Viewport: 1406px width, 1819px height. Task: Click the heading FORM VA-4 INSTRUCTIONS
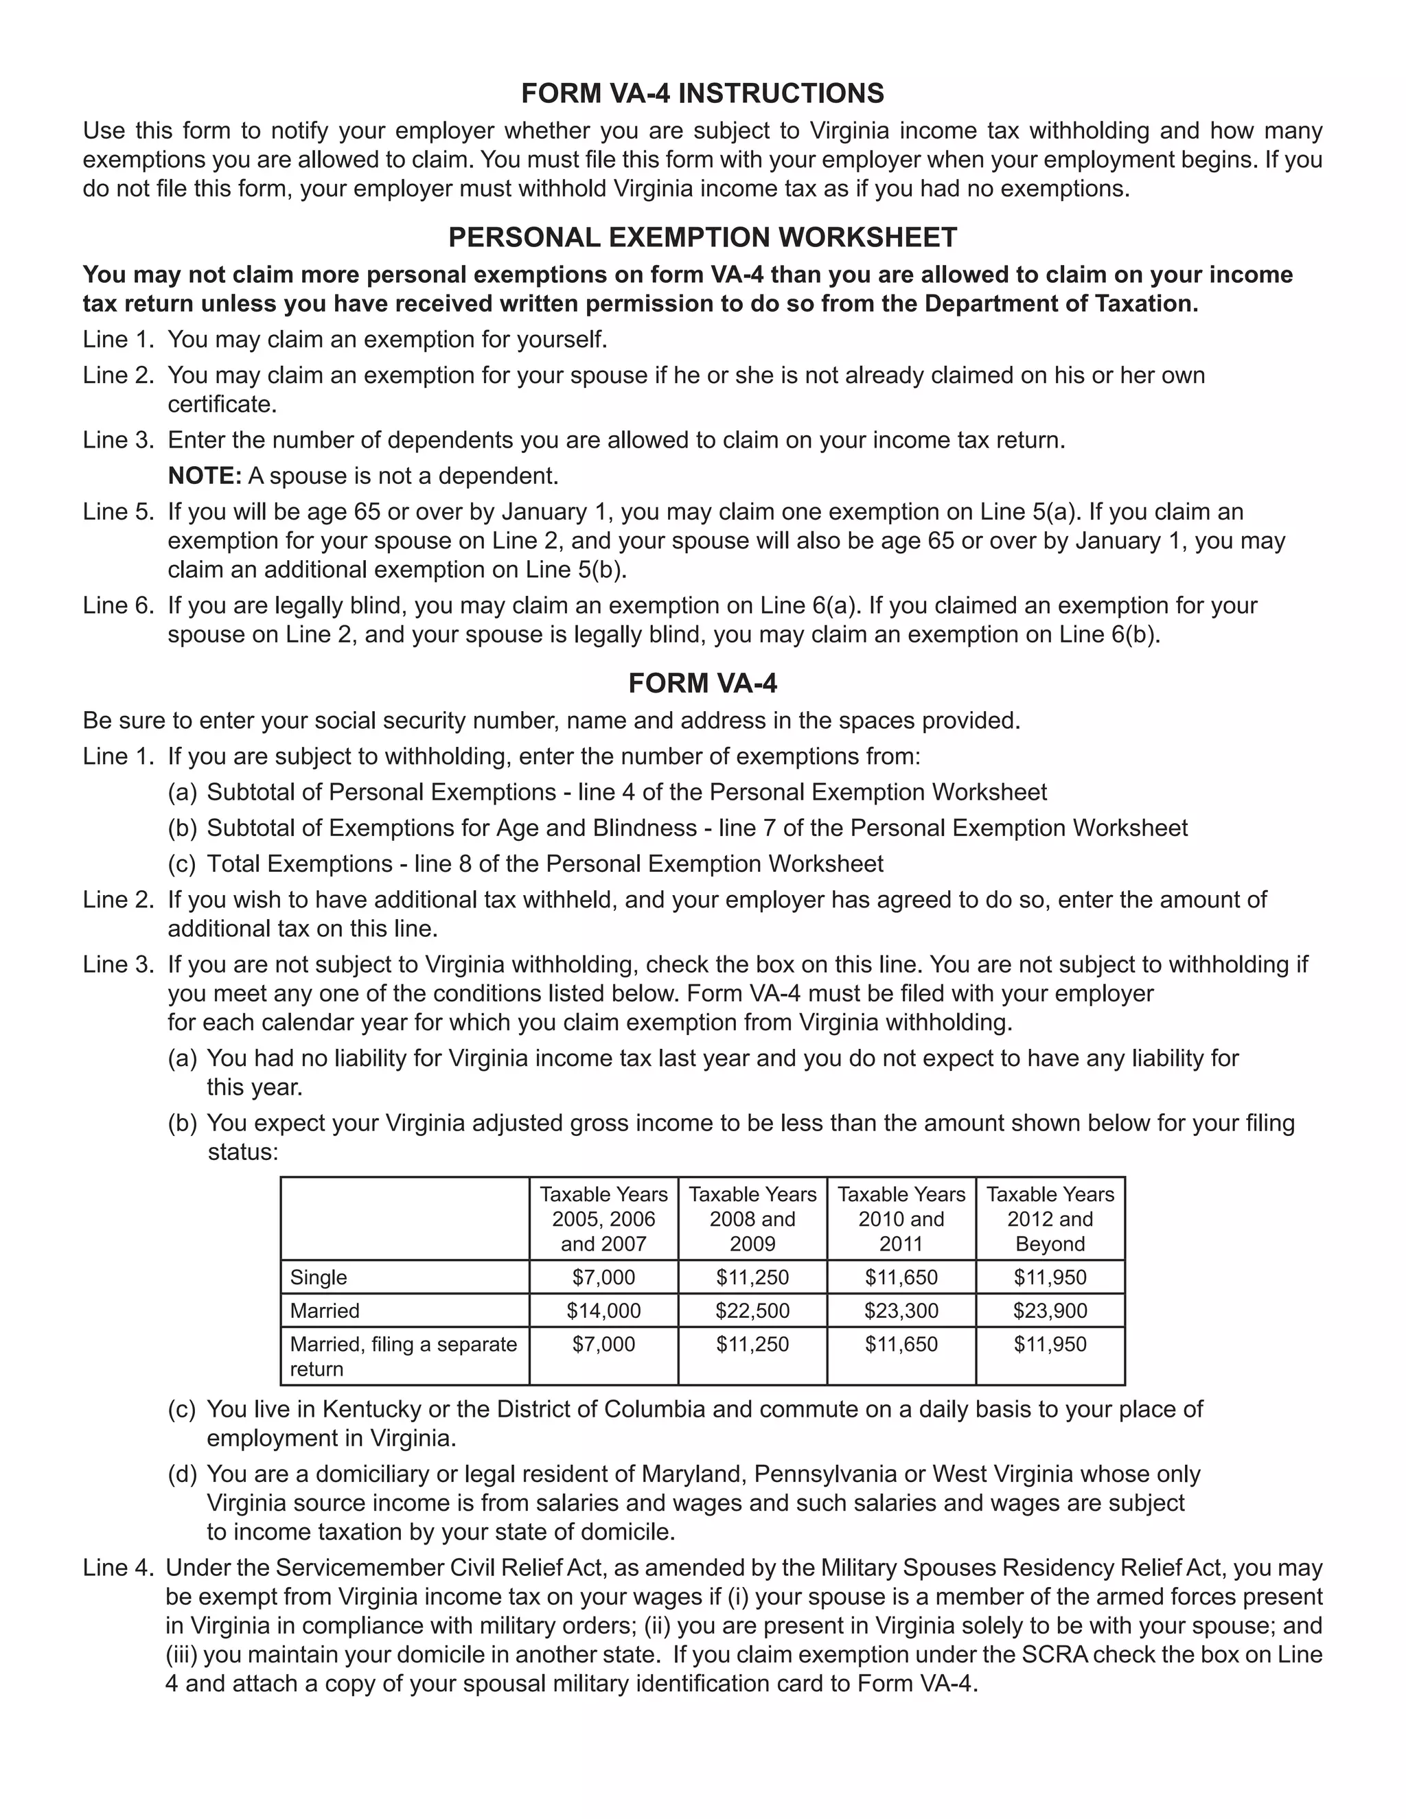[702, 93]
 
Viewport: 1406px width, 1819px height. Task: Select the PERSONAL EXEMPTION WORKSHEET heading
[702, 237]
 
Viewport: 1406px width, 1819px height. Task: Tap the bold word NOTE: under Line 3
[204, 476]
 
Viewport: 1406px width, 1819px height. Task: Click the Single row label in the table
[318, 1277]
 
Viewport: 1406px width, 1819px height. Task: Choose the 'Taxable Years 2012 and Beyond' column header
[1050, 1218]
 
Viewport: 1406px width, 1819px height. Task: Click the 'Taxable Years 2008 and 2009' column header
[752, 1218]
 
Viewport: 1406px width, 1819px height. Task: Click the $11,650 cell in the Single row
[901, 1277]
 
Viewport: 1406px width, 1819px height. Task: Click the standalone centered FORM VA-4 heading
[702, 683]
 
